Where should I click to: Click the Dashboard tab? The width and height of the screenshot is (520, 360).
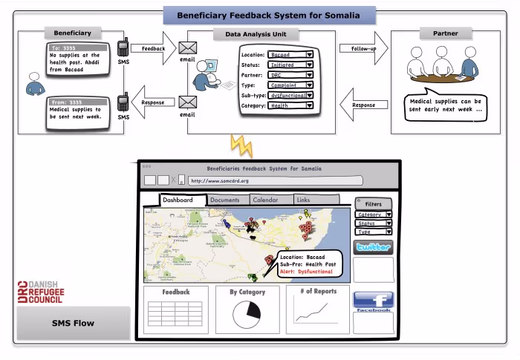[x=178, y=200]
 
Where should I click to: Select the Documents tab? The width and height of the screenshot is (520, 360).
[x=224, y=200]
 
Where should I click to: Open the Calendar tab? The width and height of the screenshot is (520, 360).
[x=265, y=200]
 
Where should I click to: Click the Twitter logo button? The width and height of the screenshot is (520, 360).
[x=374, y=247]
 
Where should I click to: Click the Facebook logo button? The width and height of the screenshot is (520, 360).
[x=374, y=301]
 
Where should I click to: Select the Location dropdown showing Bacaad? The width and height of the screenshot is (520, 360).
[x=290, y=54]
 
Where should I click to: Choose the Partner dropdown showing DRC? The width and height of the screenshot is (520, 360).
[x=290, y=75]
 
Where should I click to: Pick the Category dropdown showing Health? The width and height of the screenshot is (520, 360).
[x=290, y=105]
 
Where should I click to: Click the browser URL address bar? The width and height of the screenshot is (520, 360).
[x=276, y=180]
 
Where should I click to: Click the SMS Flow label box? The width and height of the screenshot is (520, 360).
[x=73, y=324]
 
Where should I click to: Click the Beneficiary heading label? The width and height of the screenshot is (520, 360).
[x=73, y=33]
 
